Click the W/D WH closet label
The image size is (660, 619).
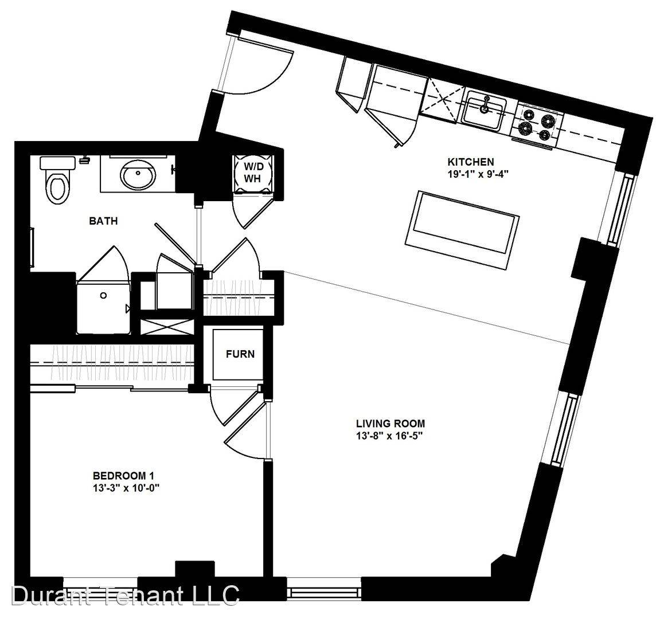tap(252, 172)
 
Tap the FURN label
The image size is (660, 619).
tap(240, 354)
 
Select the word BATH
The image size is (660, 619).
tap(103, 221)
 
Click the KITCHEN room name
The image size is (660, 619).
tap(471, 162)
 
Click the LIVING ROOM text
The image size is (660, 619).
tap(390, 424)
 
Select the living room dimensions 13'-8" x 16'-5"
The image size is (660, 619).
tap(389, 436)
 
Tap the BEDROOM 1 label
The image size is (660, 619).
tap(123, 476)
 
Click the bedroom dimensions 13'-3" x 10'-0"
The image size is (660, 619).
tap(127, 488)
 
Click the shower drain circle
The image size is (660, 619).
tap(104, 296)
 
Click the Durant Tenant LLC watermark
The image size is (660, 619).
tap(126, 595)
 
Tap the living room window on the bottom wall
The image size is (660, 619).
tap(323, 588)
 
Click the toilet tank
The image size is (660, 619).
tap(58, 162)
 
